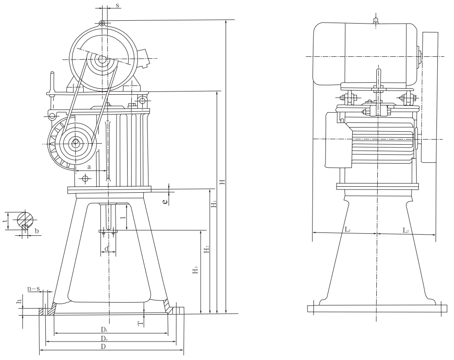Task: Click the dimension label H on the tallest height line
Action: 222,182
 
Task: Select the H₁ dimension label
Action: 214,204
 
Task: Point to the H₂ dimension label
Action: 207,249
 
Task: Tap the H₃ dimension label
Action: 196,270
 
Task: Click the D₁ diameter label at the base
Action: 104,329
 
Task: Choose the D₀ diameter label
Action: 104,338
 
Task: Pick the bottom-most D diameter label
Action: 104,347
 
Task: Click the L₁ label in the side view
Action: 348,230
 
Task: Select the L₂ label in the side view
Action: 405,230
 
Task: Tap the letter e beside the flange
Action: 165,201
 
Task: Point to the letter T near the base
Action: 141,323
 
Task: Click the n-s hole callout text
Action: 34,288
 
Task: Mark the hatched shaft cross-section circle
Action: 25,220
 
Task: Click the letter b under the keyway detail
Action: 37,231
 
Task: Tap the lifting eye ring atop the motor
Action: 102,23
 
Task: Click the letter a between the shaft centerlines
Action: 89,167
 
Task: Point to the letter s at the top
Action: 117,5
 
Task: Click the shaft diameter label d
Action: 106,249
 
